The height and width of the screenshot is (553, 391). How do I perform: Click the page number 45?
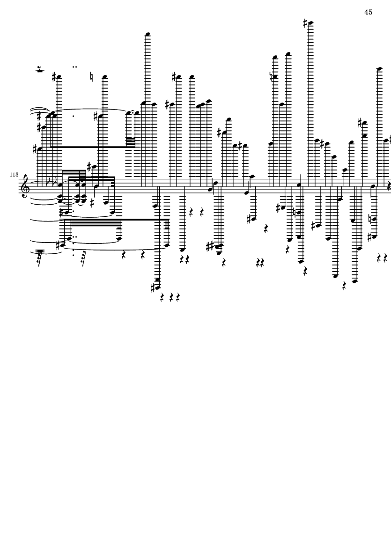pyautogui.click(x=368, y=12)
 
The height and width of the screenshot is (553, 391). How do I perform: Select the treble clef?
pyautogui.click(x=25, y=186)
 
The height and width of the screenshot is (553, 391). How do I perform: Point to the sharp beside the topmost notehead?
pyautogui.click(x=305, y=22)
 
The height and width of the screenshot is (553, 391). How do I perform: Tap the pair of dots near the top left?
pyautogui.click(x=74, y=67)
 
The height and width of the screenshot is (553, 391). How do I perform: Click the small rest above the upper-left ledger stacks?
pyautogui.click(x=40, y=70)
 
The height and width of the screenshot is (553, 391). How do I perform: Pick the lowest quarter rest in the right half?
pyautogui.click(x=345, y=285)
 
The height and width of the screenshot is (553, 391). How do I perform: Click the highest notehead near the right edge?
pyautogui.click(x=380, y=69)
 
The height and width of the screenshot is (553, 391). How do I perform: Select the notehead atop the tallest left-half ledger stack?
pyautogui.click(x=148, y=34)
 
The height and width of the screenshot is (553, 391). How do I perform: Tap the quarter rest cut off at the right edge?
pyautogui.click(x=389, y=186)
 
